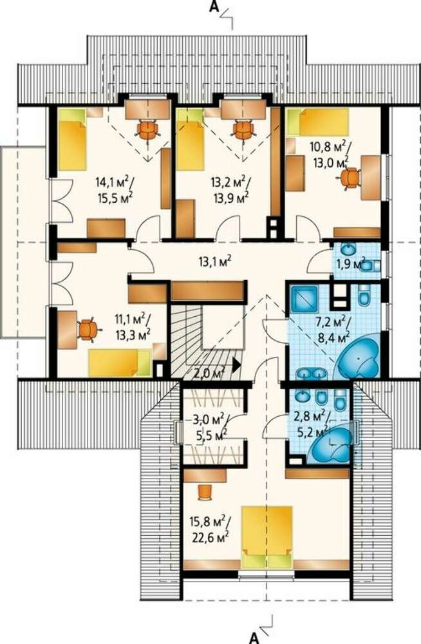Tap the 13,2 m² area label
[x=229, y=181]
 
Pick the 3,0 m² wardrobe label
[x=208, y=420]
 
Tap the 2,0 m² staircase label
[x=209, y=374]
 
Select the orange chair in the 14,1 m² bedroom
[x=148, y=130]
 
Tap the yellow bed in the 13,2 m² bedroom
[x=191, y=140]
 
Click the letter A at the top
[x=213, y=8]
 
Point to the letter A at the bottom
[x=255, y=637]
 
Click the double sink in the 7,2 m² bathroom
[x=312, y=374]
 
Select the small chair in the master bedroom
[x=205, y=492]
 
